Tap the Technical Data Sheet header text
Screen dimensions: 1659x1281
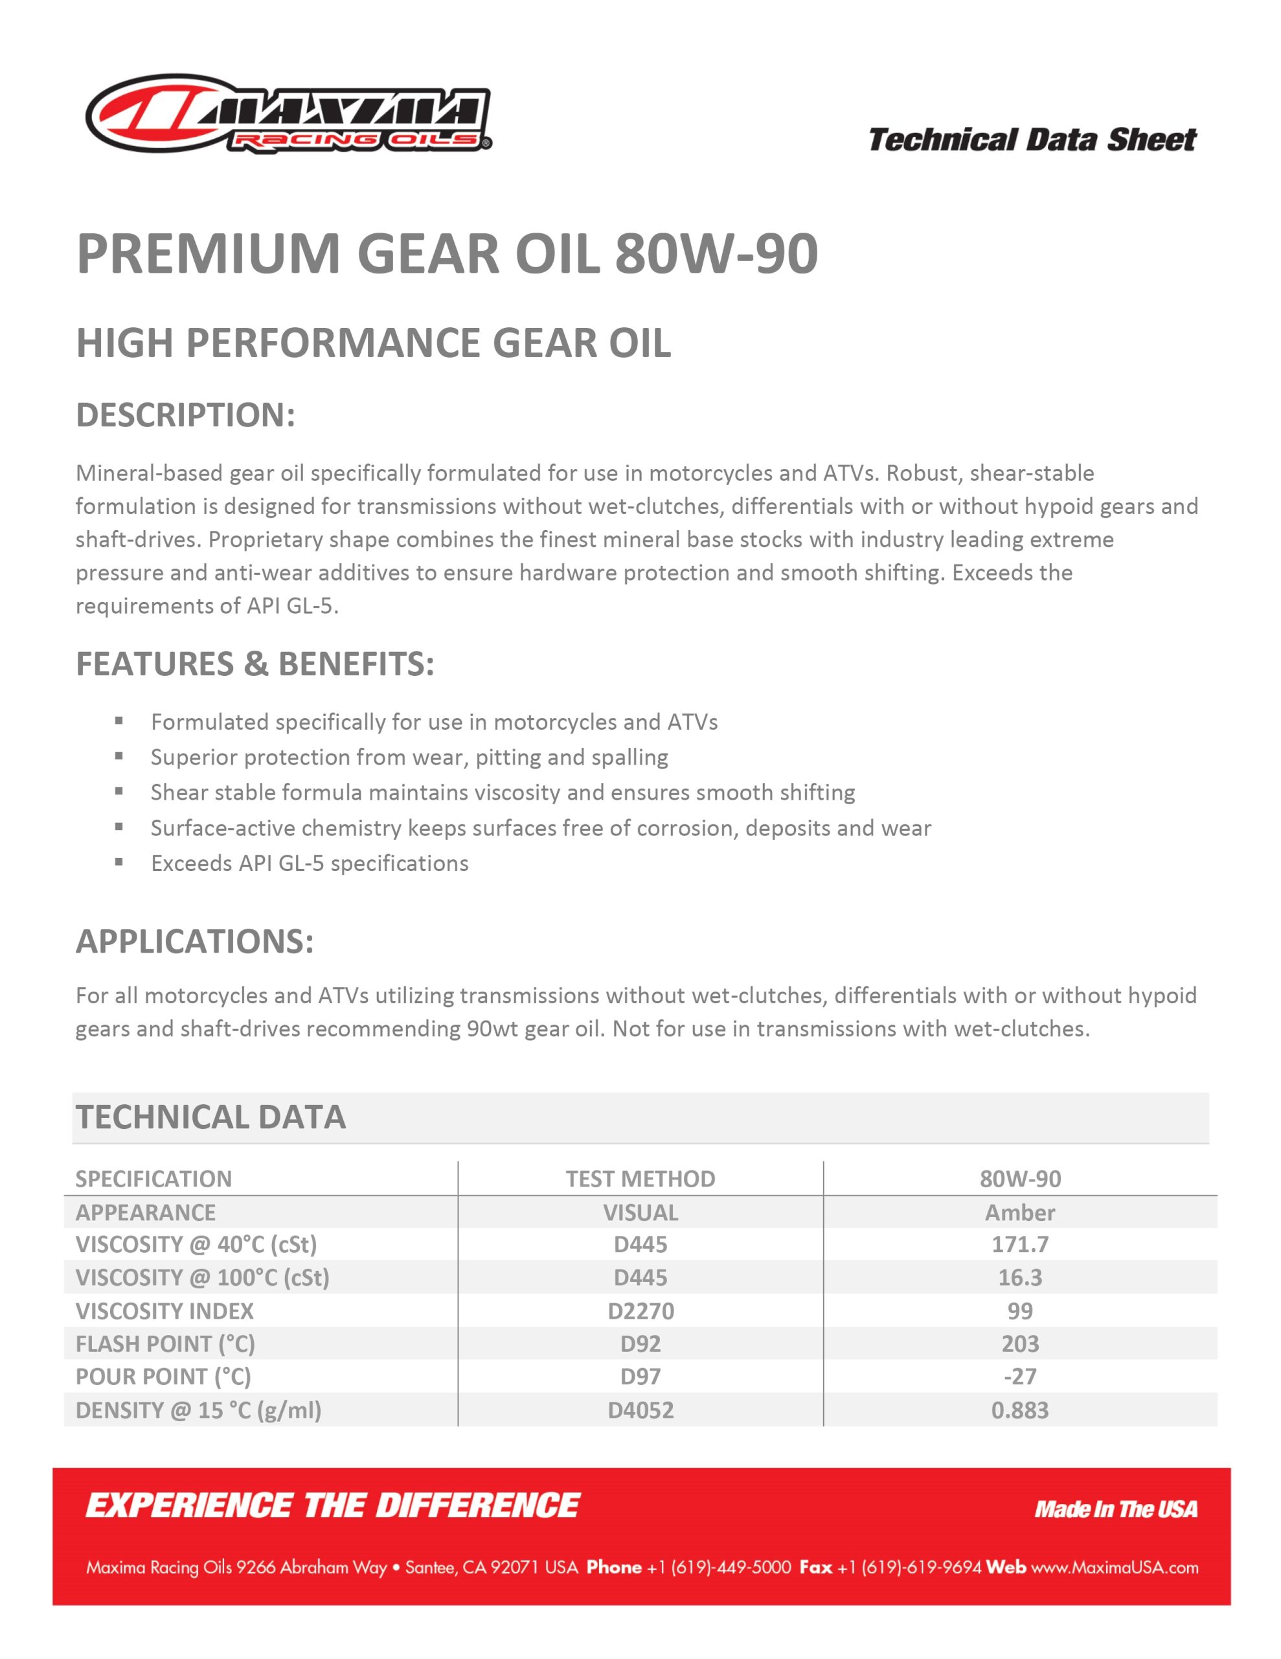click(x=1031, y=140)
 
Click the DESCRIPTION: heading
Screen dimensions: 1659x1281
click(x=185, y=415)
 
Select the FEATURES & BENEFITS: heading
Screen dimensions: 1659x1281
click(x=255, y=664)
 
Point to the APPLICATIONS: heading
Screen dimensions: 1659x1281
click(x=194, y=941)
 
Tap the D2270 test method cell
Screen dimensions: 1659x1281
click(x=640, y=1310)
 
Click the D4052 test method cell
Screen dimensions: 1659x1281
click(x=640, y=1410)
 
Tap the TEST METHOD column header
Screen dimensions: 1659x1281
click(x=640, y=1178)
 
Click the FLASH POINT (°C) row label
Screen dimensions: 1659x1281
click(x=164, y=1344)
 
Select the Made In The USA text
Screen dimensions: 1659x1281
click(x=1115, y=1509)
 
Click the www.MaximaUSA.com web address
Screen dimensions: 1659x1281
click(x=1114, y=1567)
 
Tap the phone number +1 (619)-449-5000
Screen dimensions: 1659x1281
click(x=718, y=1567)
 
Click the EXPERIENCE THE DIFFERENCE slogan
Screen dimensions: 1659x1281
click(x=333, y=1505)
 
